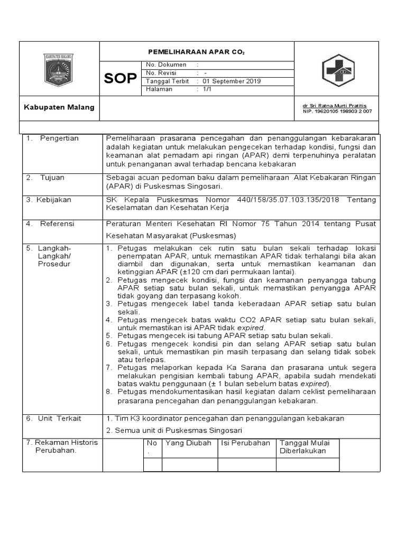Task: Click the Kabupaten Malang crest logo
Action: (x=59, y=70)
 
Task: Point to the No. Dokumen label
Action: (x=167, y=64)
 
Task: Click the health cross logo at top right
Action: (x=339, y=70)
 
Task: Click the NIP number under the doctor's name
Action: (x=337, y=111)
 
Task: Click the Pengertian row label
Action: (x=59, y=138)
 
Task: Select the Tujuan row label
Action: (x=52, y=178)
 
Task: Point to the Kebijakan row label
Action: (x=54, y=200)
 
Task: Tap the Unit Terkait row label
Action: (x=58, y=418)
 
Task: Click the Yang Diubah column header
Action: (x=188, y=443)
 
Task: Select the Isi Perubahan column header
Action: (x=245, y=443)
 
